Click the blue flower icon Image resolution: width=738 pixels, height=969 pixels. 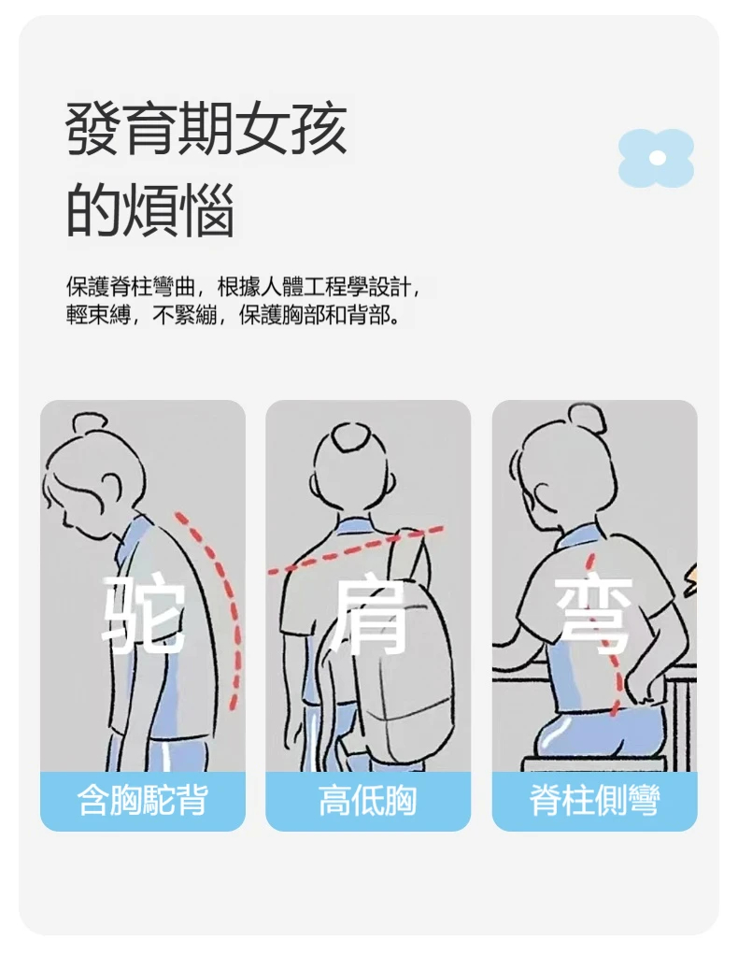click(656, 158)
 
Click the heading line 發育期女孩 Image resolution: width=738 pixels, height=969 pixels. click(206, 129)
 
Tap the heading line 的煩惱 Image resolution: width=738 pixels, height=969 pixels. click(150, 210)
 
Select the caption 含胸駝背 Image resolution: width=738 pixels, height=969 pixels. click(143, 800)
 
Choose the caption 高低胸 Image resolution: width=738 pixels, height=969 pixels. click(368, 800)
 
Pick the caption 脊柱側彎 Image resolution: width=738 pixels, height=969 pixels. click(594, 800)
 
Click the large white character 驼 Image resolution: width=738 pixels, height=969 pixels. click(143, 614)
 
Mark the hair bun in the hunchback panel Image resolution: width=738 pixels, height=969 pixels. click(89, 423)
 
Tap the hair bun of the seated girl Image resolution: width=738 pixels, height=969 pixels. click(587, 419)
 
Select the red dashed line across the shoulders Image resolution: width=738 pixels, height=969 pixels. click(355, 549)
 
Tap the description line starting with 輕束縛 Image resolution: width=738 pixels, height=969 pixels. click(233, 316)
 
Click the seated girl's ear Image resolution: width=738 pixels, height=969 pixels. click(546, 493)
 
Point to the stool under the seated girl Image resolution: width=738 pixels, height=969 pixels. click(593, 763)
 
